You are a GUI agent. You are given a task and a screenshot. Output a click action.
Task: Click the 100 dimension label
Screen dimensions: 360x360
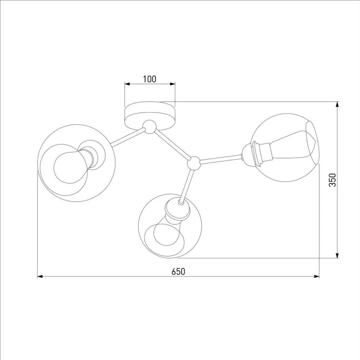click(150, 79)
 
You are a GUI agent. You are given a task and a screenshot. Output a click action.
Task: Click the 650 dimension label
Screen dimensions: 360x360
click(178, 272)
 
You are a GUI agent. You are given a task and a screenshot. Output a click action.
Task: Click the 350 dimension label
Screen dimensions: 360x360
click(332, 180)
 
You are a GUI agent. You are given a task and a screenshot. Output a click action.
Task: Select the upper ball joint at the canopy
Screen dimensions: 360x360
click(149, 127)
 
